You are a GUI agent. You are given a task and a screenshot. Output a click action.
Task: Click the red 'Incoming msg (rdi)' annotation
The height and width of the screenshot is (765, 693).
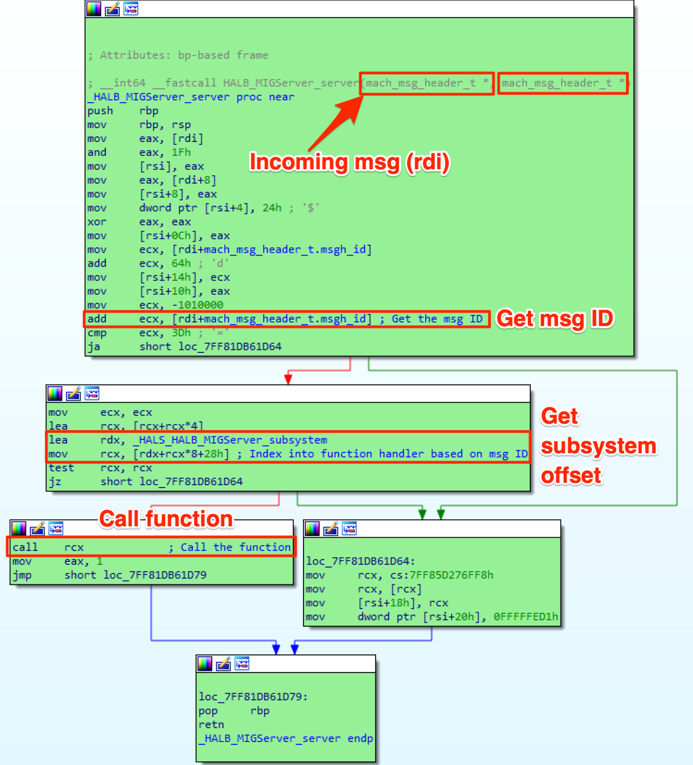(x=350, y=163)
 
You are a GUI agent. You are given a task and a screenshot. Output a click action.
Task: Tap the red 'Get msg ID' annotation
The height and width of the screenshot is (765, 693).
(x=555, y=319)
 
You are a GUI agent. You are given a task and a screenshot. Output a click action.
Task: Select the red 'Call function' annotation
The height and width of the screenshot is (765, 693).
(x=166, y=519)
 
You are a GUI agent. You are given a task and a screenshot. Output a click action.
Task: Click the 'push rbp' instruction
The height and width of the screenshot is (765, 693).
(x=123, y=111)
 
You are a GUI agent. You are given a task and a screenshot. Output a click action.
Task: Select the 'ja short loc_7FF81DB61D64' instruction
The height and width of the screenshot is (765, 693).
(x=184, y=347)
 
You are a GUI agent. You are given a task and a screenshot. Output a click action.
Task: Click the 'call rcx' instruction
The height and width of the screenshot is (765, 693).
(x=48, y=547)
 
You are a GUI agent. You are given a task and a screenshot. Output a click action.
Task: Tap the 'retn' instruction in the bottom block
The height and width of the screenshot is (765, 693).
(x=211, y=725)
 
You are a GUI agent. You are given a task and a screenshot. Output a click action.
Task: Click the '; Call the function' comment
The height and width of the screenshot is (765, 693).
(x=230, y=547)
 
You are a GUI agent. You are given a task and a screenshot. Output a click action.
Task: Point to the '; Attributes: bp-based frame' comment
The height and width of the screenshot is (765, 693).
(x=178, y=56)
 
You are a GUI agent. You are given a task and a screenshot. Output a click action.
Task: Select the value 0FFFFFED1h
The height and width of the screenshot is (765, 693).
(x=525, y=617)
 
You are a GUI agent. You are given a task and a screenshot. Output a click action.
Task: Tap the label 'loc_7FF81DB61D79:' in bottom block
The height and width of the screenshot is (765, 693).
(x=253, y=697)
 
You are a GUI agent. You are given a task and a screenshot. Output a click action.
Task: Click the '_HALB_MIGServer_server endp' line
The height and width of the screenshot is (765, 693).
(x=286, y=738)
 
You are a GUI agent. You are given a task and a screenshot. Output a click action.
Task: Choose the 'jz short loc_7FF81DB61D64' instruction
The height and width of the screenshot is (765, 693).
(x=146, y=482)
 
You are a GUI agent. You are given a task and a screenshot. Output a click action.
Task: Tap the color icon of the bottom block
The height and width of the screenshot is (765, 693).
(x=205, y=664)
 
